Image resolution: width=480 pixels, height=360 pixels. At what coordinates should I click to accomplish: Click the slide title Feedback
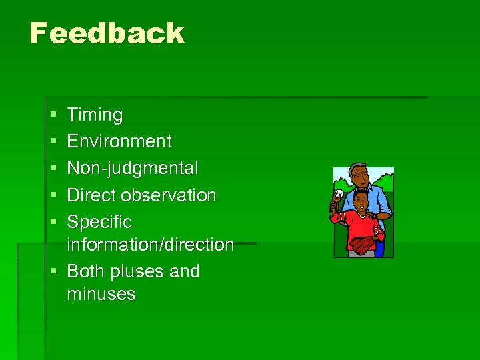coord(107,33)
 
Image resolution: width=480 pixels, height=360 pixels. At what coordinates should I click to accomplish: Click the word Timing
coord(95,115)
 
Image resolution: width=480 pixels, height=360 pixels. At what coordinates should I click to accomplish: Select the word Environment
coord(119,141)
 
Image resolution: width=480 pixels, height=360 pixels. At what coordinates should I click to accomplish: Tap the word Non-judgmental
coord(133,168)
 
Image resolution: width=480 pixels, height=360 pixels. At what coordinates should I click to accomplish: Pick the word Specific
coord(99,221)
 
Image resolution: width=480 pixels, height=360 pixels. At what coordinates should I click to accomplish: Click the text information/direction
coord(150,245)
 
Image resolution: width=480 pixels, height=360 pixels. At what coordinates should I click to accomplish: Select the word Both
coord(85,271)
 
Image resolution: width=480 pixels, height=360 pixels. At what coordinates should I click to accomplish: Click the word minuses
coord(101,294)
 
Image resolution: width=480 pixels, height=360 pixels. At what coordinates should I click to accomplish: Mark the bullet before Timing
coord(52,115)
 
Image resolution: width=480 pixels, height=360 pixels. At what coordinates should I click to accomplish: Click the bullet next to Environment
coord(52,142)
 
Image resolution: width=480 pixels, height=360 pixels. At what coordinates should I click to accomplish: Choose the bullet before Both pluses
coord(52,272)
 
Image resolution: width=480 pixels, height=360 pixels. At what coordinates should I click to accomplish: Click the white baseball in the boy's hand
coord(339,194)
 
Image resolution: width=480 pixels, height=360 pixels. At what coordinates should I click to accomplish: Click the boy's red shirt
coord(360,227)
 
